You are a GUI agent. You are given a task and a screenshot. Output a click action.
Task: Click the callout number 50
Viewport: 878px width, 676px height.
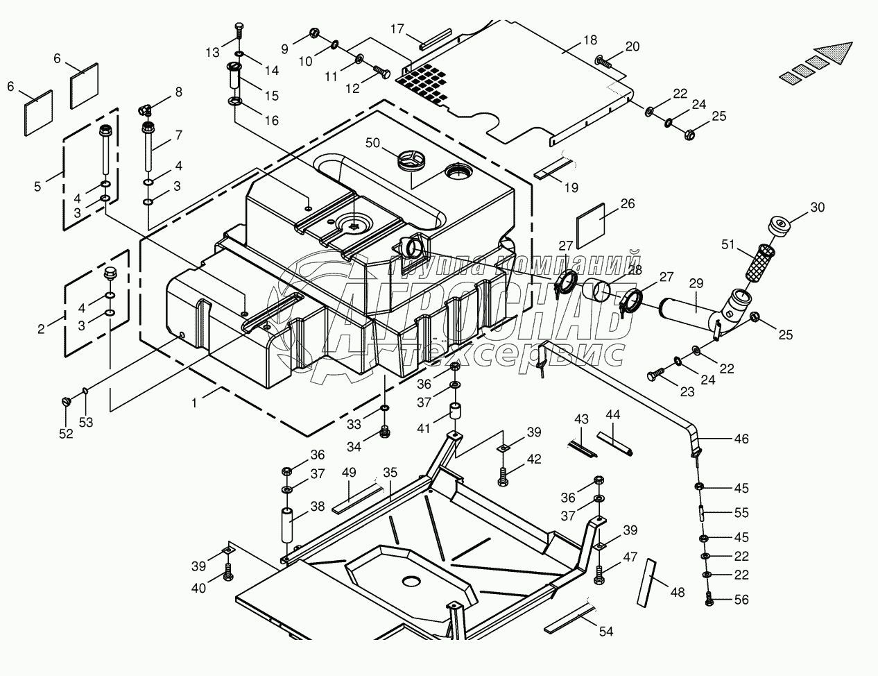point(372,143)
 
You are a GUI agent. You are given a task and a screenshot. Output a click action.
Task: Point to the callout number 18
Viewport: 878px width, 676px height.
point(590,40)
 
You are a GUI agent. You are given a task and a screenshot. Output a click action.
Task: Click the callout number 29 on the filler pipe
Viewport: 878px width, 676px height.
point(696,283)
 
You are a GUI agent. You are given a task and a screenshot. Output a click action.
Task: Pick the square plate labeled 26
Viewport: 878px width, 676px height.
point(590,226)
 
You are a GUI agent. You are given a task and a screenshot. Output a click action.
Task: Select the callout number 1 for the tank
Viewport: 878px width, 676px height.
point(195,403)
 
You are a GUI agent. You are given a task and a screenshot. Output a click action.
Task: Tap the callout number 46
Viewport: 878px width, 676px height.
point(741,439)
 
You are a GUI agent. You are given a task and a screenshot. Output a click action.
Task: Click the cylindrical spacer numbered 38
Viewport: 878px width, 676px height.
point(287,525)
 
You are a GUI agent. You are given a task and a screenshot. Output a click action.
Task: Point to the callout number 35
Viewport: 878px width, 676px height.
point(390,472)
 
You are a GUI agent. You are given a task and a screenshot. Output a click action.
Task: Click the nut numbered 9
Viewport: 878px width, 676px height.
point(314,33)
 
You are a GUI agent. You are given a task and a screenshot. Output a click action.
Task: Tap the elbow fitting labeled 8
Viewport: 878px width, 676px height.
point(145,110)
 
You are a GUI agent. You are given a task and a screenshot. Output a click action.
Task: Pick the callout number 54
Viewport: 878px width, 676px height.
point(606,631)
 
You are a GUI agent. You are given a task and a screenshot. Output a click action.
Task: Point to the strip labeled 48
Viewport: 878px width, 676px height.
point(646,583)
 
